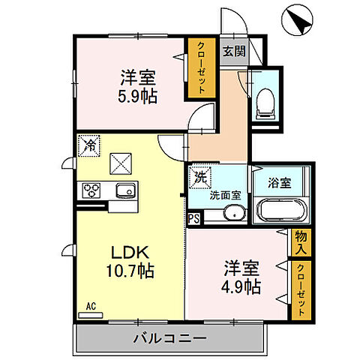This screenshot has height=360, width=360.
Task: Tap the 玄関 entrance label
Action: point(233,52)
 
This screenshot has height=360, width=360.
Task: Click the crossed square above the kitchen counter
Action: point(120,162)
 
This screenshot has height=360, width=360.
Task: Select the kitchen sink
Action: point(125,190)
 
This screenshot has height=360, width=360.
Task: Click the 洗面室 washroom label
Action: point(224,194)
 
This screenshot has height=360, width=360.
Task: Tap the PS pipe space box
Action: point(193,219)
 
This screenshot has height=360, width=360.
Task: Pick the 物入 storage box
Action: point(301,241)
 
